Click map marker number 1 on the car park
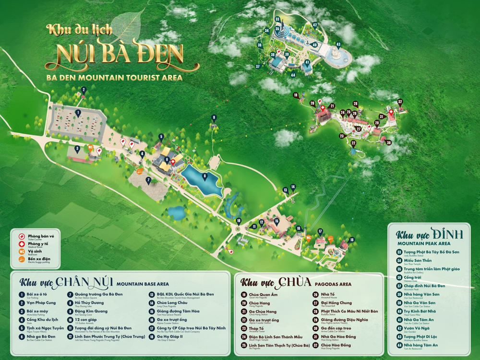(x=78, y=113)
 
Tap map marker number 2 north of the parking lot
(x=84, y=90)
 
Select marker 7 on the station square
(x=148, y=180)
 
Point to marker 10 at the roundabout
(x=239, y=221)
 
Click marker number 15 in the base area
(x=277, y=221)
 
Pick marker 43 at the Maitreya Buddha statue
(x=338, y=45)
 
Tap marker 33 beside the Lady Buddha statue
(x=277, y=19)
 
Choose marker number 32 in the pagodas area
(x=400, y=101)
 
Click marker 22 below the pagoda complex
(x=353, y=143)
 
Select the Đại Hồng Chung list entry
(x=336, y=303)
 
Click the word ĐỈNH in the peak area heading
(x=446, y=234)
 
